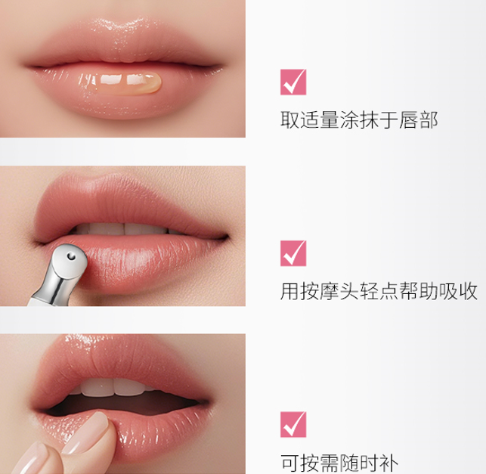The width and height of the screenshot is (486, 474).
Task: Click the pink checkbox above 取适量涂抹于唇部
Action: (x=293, y=82)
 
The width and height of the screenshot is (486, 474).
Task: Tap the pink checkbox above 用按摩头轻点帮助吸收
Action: (x=293, y=253)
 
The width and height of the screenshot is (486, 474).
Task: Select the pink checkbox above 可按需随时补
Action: (x=293, y=425)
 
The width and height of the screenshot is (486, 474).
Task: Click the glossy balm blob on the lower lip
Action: (x=128, y=82)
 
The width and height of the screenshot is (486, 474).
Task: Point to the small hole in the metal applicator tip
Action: (x=72, y=256)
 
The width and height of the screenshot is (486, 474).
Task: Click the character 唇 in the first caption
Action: (x=408, y=120)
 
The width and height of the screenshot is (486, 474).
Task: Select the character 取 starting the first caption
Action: (x=289, y=120)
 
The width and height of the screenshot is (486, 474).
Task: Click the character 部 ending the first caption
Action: (x=428, y=120)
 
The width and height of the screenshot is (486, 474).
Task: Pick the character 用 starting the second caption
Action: (x=289, y=291)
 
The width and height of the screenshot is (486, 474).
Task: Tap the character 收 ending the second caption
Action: (x=468, y=291)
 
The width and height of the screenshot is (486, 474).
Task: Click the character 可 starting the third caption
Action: (x=290, y=463)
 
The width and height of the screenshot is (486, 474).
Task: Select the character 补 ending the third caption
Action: (x=388, y=463)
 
